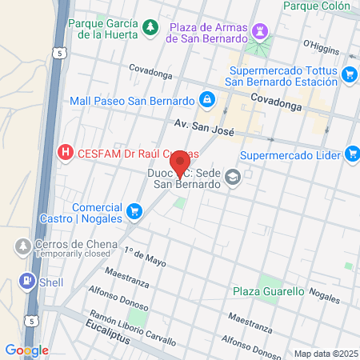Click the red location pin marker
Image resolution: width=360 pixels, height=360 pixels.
180,161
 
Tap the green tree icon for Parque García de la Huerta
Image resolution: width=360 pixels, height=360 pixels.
150,29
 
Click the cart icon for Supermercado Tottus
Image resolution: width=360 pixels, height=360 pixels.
350,74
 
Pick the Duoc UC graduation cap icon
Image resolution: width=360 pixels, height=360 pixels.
233,177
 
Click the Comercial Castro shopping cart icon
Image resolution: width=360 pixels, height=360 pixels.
134,211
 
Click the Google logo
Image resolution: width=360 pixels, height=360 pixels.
26,350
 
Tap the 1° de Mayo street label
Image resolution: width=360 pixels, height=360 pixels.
145,257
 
